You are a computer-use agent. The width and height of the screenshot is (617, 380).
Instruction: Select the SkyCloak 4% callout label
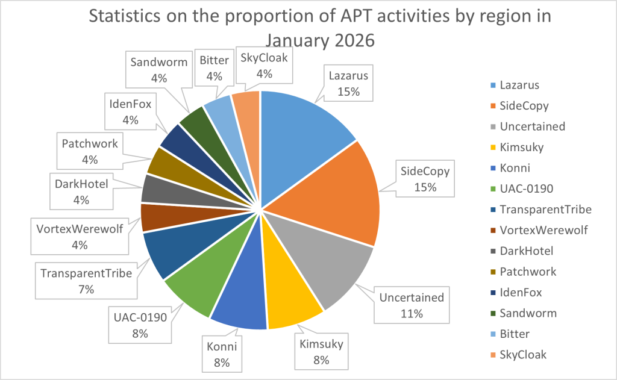point(265,66)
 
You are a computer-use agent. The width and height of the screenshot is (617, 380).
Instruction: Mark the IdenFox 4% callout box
point(130,111)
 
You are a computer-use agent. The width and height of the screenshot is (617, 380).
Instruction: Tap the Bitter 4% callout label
point(214,68)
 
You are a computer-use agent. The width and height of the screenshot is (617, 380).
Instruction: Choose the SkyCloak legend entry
point(523,355)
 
